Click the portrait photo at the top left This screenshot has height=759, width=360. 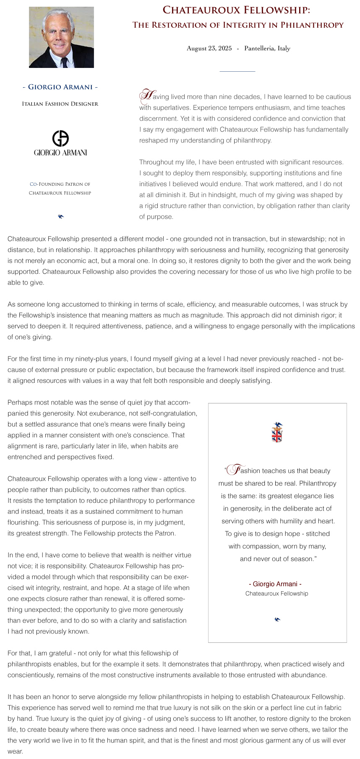tap(61, 37)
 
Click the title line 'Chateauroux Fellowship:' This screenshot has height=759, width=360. tap(236, 10)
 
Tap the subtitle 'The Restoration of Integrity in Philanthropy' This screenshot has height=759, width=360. tap(238, 25)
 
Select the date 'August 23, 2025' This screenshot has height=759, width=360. tap(209, 48)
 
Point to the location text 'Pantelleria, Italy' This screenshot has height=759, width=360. tap(267, 48)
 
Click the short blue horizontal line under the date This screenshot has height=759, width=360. tap(237, 71)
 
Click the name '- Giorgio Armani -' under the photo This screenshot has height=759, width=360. tap(60, 87)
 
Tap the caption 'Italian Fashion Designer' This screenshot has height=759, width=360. tap(60, 104)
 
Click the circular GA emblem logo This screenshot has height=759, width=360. tap(60, 138)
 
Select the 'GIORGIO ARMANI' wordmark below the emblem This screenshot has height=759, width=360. tap(60, 153)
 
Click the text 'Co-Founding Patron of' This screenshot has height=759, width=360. tap(60, 184)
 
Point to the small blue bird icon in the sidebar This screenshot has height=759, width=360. tap(61, 216)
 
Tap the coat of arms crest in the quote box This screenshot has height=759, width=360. tap(277, 433)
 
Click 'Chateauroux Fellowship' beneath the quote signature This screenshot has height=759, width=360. tap(277, 593)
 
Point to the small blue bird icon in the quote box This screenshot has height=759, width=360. tap(277, 619)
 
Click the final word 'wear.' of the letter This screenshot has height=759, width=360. tap(15, 751)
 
